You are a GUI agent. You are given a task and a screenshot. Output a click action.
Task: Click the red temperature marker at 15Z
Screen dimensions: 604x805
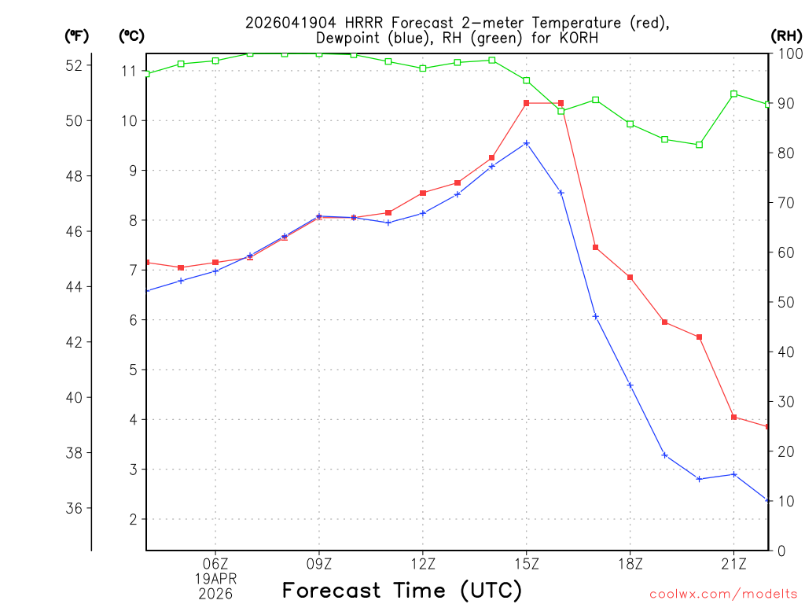(x=527, y=103)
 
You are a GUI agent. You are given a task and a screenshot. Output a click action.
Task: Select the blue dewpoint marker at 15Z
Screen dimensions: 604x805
(x=527, y=143)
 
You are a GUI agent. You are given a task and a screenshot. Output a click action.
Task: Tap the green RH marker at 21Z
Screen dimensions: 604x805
(x=733, y=94)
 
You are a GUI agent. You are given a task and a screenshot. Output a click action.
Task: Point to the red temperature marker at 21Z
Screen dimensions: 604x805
(x=733, y=417)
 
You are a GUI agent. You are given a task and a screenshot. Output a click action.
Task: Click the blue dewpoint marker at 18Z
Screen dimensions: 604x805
(x=630, y=385)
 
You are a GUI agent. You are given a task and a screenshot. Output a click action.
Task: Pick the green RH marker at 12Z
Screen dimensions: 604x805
(x=423, y=68)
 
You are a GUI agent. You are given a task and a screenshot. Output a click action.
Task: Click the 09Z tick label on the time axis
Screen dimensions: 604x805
(x=319, y=563)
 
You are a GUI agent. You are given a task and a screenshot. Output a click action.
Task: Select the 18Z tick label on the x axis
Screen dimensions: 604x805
(x=630, y=563)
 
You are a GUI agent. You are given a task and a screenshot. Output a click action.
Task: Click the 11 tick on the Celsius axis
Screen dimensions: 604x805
(x=129, y=71)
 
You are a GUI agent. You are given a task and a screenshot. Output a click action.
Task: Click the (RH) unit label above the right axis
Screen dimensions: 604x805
(x=785, y=35)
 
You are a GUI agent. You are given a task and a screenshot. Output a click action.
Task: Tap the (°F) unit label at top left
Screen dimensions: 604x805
(x=75, y=35)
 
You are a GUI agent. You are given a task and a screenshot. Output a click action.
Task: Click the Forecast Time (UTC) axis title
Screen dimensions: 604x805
(x=402, y=590)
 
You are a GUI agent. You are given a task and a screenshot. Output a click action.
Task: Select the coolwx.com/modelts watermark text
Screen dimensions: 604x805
(x=723, y=594)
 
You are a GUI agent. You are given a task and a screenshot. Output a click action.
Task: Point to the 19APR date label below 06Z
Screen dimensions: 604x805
(x=215, y=578)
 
